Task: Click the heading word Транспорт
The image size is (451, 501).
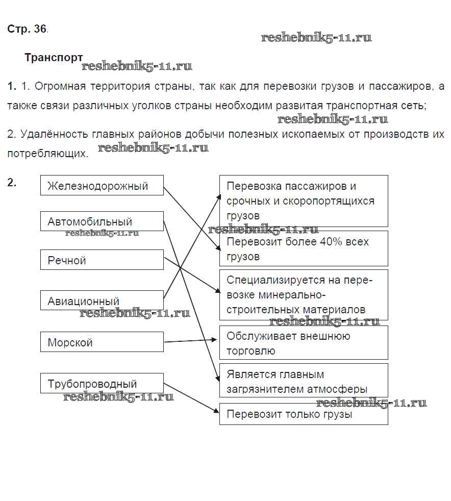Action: pos(54,58)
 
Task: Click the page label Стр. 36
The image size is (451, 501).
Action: pos(27,29)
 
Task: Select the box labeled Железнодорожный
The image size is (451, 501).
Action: pos(102,186)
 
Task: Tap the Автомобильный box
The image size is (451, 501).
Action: pos(102,221)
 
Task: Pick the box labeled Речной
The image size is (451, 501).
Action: pos(102,260)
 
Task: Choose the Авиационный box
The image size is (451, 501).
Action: pos(102,300)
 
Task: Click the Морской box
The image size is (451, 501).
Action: pos(102,342)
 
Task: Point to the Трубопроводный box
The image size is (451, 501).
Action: pos(102,384)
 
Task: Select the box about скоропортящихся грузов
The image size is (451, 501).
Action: pos(304,201)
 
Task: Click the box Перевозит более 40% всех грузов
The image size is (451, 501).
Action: pos(304,248)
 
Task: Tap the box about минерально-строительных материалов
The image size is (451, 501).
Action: pos(304,294)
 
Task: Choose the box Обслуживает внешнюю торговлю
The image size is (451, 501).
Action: pos(304,343)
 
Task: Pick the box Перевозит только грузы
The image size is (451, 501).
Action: pos(304,414)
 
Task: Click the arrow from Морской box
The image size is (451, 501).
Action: pos(191,340)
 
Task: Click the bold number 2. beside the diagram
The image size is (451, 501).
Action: pos(12,182)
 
